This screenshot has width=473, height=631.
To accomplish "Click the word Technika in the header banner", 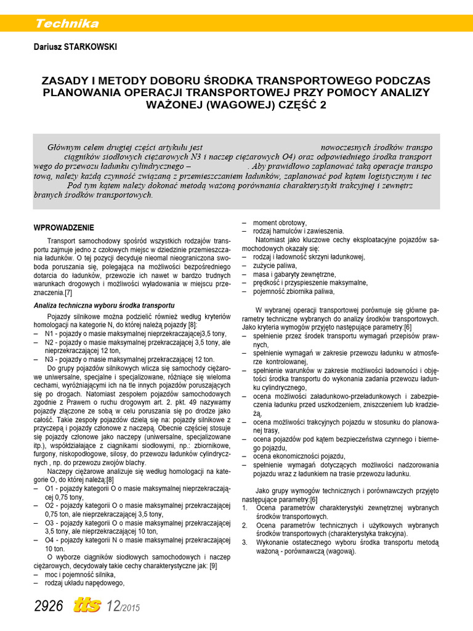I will pos(67,24).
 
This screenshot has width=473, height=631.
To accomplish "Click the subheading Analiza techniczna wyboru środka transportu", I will pos(104,306).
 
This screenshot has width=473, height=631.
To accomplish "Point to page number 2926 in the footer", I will pos(49,606).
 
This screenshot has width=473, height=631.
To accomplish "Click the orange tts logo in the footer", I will pos(89,606).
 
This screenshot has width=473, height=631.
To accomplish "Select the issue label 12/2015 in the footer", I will pos(124,607).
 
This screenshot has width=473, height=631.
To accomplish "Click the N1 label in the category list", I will pos(50,333).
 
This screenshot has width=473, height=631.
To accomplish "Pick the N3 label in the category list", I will pos(50,359).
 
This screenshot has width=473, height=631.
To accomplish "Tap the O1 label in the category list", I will pos(51,488).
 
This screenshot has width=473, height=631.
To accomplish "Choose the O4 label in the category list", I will pos(51,540).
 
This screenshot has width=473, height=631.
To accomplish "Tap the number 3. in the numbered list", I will pos(245,542).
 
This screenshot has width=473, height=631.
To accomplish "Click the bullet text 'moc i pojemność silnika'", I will pos(80,574).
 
